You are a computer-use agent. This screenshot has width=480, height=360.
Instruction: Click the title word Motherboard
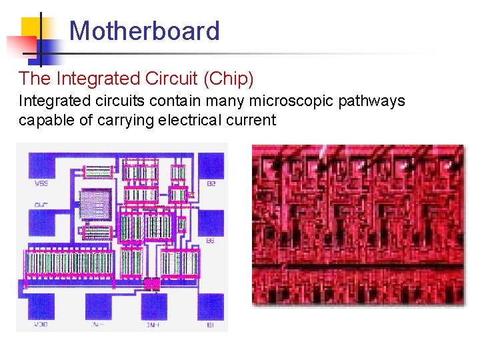point(144,31)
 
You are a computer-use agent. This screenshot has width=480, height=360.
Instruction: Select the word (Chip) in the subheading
point(229,79)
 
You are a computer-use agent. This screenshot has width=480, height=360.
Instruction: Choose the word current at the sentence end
point(251,120)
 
